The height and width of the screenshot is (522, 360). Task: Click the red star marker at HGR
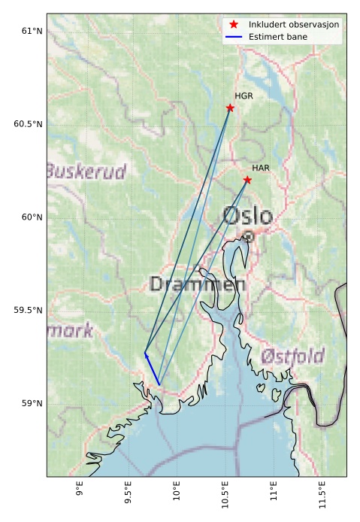(230, 108)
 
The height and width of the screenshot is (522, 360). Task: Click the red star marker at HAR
(247, 180)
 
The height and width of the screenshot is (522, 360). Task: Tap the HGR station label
(244, 96)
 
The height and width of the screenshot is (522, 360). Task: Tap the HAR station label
(261, 168)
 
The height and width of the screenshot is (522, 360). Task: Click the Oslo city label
(247, 217)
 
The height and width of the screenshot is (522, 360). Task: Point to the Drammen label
(197, 284)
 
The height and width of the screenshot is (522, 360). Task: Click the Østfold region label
(292, 356)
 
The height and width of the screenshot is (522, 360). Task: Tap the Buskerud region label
(86, 172)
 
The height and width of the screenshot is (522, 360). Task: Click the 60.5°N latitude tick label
(27, 124)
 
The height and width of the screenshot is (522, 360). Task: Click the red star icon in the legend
(234, 25)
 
